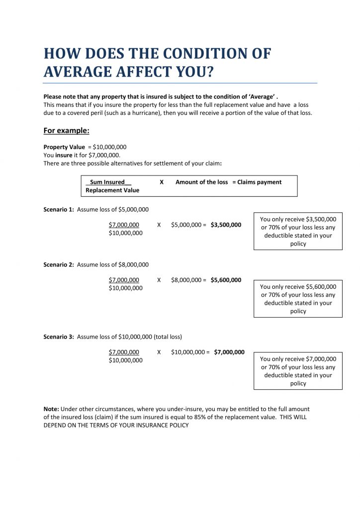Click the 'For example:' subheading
tap(66, 131)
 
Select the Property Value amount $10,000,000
tap(109, 147)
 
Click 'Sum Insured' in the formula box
tap(107, 182)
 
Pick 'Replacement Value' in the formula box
tap(112, 190)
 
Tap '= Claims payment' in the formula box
tap(257, 182)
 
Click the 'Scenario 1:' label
tap(59, 209)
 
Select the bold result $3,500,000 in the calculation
tap(226, 225)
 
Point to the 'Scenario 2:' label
tap(59, 264)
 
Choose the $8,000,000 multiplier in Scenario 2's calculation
tap(186, 280)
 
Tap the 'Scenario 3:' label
tap(59, 337)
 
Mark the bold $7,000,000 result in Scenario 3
tap(229, 352)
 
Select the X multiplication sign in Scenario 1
tap(159, 225)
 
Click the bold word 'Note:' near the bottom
tap(51, 409)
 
